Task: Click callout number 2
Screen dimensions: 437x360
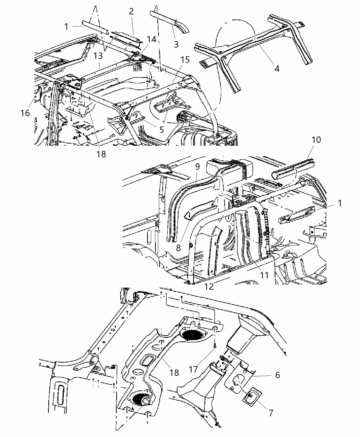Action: [x=131, y=11]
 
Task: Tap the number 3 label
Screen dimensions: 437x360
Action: [x=176, y=44]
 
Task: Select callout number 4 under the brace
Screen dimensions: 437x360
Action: [x=277, y=68]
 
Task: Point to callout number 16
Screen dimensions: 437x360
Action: [x=25, y=113]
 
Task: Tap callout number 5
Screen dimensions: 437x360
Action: [x=161, y=130]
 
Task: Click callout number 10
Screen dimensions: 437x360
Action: [x=316, y=140]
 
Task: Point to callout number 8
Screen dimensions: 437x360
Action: [x=178, y=247]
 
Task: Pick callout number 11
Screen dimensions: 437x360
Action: [x=264, y=275]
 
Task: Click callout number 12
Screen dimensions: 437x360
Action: [x=209, y=287]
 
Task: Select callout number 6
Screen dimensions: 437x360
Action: [x=277, y=375]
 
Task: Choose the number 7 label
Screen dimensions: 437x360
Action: [x=271, y=413]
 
